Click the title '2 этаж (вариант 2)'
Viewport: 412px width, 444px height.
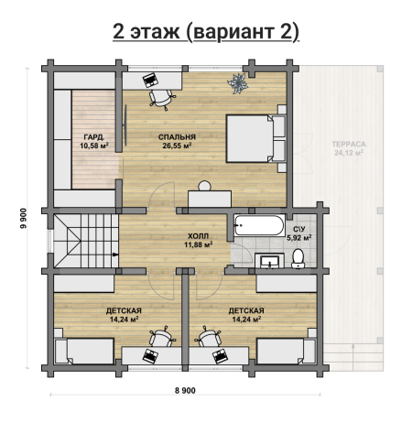point(206,32)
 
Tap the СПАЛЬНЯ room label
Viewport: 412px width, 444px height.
point(177,137)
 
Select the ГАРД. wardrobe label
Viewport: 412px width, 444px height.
point(94,137)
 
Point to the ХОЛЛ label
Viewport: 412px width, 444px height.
point(198,236)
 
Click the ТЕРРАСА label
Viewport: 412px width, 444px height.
point(349,144)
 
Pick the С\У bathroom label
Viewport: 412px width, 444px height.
point(298,229)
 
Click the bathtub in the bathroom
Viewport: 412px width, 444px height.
point(259,225)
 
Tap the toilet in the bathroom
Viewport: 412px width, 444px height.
point(298,258)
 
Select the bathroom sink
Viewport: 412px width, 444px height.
point(269,261)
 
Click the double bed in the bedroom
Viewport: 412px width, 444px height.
point(255,138)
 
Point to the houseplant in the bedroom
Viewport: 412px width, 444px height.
point(237,82)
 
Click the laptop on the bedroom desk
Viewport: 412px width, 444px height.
point(150,80)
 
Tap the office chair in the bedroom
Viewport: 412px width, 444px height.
point(161,99)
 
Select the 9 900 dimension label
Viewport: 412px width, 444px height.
point(23,218)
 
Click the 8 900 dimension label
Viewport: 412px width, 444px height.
point(185,390)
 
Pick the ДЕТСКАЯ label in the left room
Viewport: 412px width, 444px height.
point(124,310)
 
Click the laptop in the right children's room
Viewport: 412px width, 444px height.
point(221,356)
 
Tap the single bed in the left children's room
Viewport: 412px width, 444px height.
point(84,351)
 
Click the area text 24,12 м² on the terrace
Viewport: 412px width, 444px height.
point(349,153)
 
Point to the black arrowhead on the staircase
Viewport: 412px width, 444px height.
point(115,254)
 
